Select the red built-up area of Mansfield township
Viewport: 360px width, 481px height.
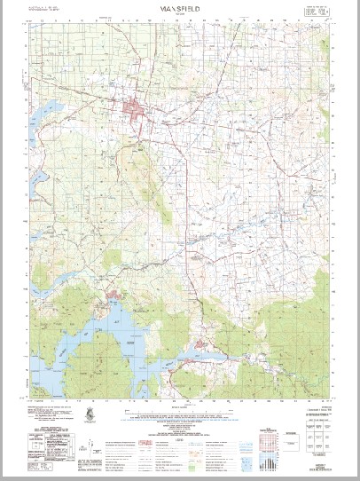pos(135,111)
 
